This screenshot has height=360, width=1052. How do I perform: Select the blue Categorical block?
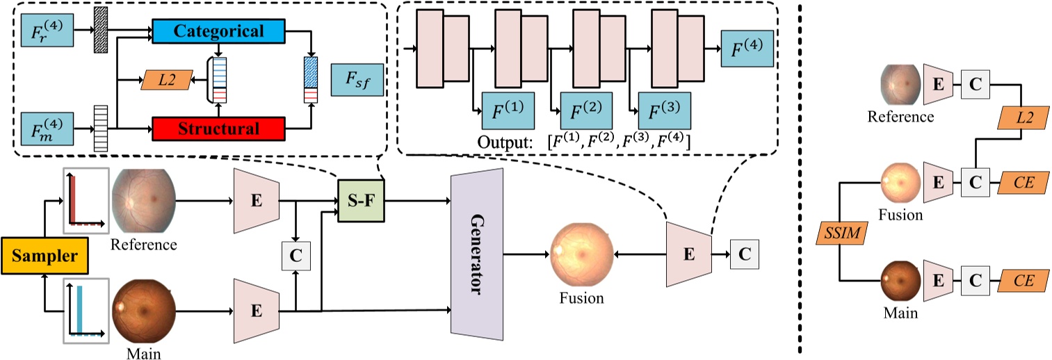pos(218,32)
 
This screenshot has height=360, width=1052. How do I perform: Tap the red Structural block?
pos(218,129)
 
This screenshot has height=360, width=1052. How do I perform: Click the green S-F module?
pos(360,202)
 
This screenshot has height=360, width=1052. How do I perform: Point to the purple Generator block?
pos(477,254)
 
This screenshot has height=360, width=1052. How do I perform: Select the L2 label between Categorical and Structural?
pos(165,81)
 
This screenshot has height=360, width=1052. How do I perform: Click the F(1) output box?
pos(507,110)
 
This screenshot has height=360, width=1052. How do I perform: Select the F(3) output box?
pos(664,110)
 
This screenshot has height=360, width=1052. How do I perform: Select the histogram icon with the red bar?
pos(87,201)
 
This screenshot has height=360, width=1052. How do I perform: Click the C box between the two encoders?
pos(296,254)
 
